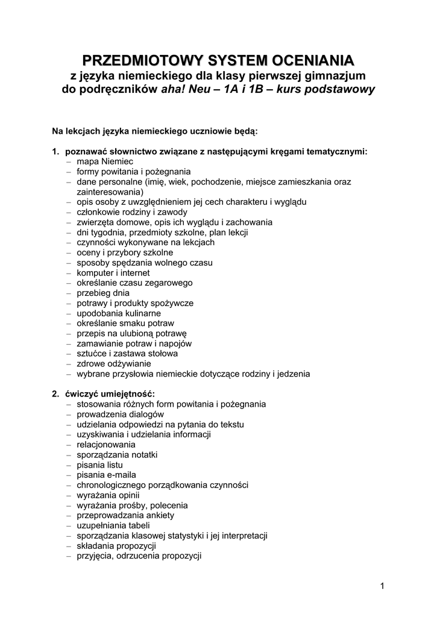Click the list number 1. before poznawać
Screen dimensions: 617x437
(x=55, y=152)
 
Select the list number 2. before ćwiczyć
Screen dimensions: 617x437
(x=55, y=394)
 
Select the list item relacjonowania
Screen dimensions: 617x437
(x=106, y=445)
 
